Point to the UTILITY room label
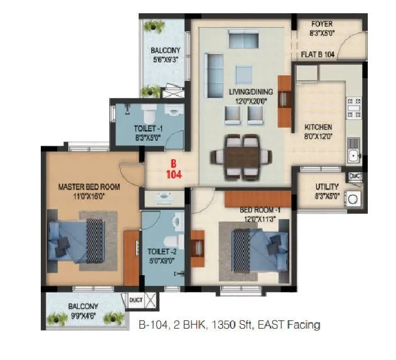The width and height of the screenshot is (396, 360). pyautogui.click(x=327, y=187)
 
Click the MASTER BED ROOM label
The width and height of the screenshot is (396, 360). pyautogui.click(x=88, y=187)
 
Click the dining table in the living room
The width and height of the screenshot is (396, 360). pyautogui.click(x=242, y=153)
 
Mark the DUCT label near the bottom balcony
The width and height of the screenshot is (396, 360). pyautogui.click(x=136, y=300)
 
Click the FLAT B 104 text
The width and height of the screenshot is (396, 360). pyautogui.click(x=319, y=55)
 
